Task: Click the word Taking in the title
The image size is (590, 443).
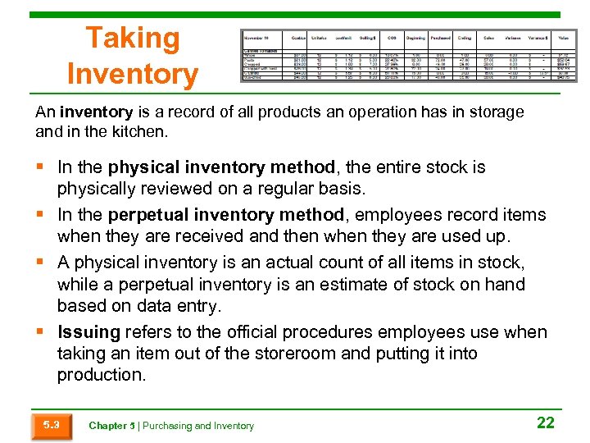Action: tap(132, 39)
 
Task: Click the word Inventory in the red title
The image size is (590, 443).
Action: tap(132, 75)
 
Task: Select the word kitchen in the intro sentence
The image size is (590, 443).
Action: tap(141, 131)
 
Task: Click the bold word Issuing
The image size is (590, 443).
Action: tap(88, 332)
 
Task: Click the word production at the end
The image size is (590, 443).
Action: tap(100, 375)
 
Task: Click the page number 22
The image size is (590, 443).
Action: tap(545, 423)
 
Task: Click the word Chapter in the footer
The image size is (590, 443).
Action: tap(107, 426)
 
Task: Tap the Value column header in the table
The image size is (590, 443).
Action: tap(564, 38)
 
